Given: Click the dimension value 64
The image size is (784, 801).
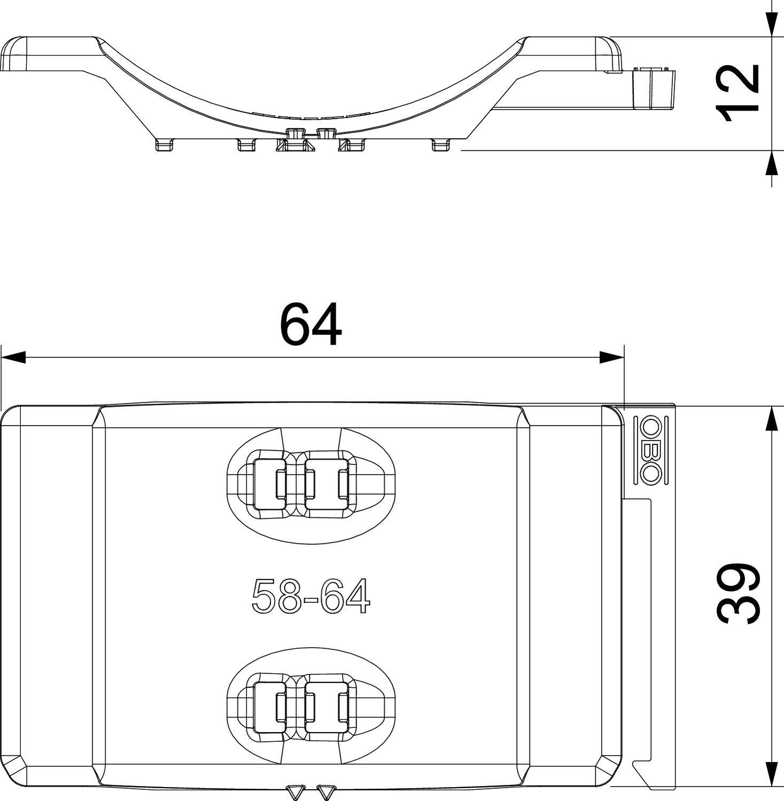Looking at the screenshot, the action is pyautogui.click(x=311, y=325).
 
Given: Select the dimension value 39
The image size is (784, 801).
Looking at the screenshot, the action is pyautogui.click(x=738, y=593).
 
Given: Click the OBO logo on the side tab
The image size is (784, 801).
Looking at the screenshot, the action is pyautogui.click(x=651, y=450).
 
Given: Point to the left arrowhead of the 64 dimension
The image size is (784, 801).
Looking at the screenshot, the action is pyautogui.click(x=13, y=357).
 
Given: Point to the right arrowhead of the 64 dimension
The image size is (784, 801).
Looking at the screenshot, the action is pyautogui.click(x=612, y=357).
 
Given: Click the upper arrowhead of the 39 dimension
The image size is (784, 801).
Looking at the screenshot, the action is pyautogui.click(x=771, y=419).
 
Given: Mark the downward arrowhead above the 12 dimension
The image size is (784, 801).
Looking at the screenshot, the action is pyautogui.click(x=771, y=24).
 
